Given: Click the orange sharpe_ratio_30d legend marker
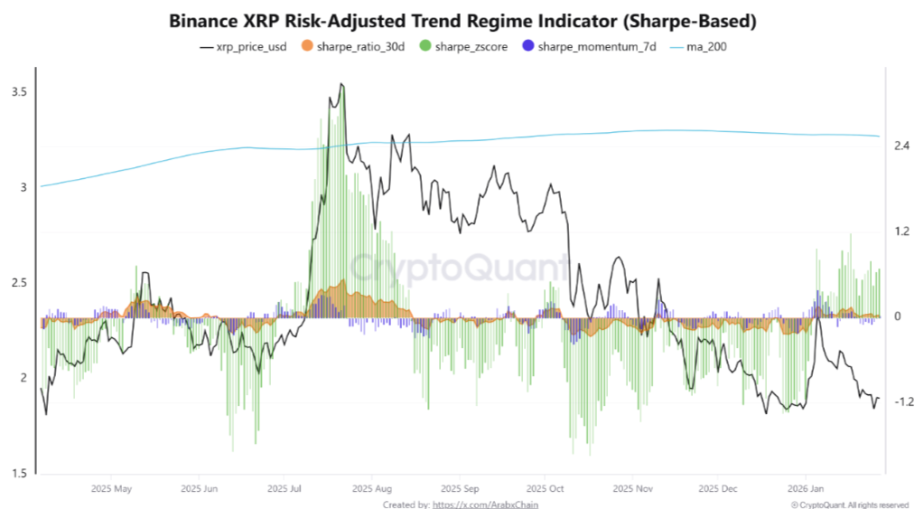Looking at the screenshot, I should pos(309,46).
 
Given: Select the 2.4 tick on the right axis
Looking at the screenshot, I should pos(902,146).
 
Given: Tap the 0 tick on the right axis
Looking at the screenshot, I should pos(898,316).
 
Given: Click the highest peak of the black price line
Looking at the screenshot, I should pos(341,84).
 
